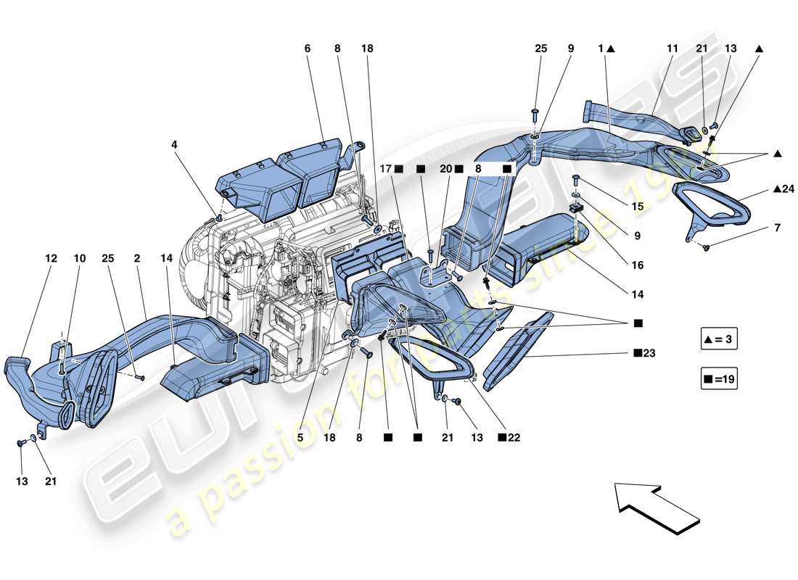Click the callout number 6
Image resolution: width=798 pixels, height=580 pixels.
pyautogui.click(x=307, y=49)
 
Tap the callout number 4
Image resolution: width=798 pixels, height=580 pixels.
pyautogui.click(x=174, y=144)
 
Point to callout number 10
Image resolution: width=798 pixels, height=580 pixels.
pyautogui.click(x=79, y=257)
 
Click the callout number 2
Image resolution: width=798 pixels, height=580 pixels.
pyautogui.click(x=136, y=257)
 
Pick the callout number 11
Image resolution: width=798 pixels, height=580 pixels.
pyautogui.click(x=672, y=49)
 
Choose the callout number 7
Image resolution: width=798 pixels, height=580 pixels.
pyautogui.click(x=777, y=228)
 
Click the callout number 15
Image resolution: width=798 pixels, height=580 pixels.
pyautogui.click(x=637, y=207)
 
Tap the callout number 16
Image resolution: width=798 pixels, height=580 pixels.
pyautogui.click(x=637, y=265)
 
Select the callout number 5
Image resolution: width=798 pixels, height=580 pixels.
pyautogui.click(x=298, y=437)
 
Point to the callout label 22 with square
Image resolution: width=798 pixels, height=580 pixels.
pyautogui.click(x=511, y=438)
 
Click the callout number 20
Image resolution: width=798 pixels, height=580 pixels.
pyautogui.click(x=445, y=169)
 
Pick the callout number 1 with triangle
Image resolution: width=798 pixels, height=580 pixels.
pyautogui.click(x=601, y=49)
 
